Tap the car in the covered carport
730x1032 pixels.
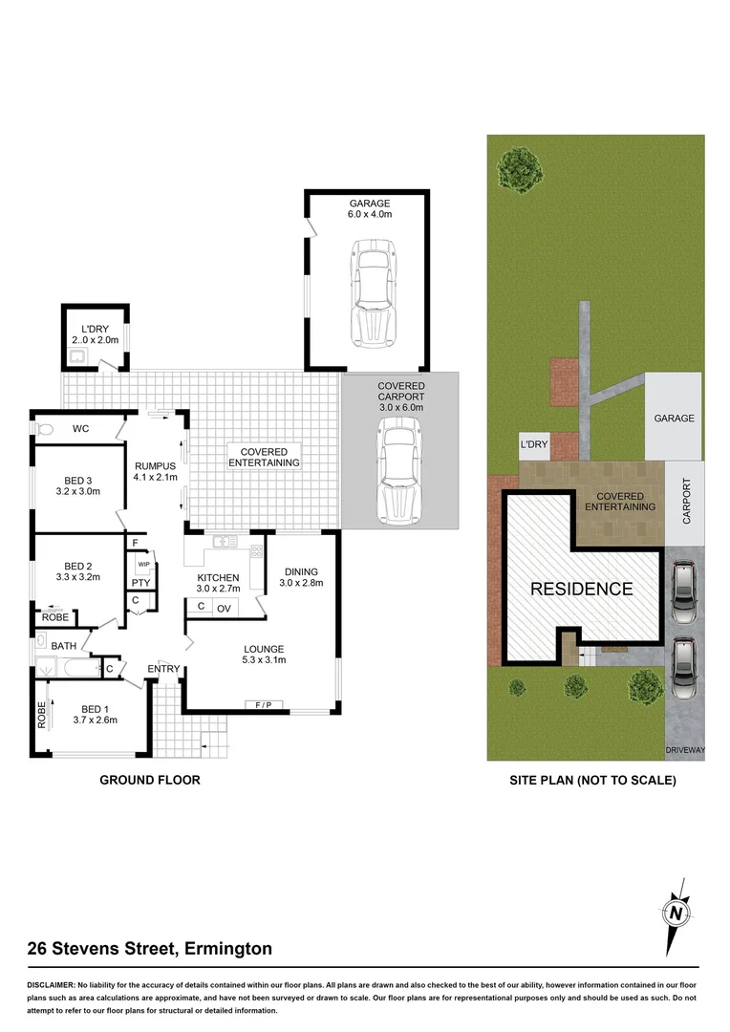(400, 470)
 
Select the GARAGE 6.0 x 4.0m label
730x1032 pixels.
(370, 208)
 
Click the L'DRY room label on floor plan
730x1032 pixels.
(95, 333)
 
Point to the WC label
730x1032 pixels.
(80, 429)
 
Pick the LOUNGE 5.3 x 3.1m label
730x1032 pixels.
(263, 655)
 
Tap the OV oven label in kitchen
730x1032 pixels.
(225, 607)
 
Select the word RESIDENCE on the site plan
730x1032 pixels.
(581, 589)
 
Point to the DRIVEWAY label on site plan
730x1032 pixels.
(685, 751)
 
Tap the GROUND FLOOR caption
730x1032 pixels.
(150, 780)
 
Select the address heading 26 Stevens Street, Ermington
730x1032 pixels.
(150, 949)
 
